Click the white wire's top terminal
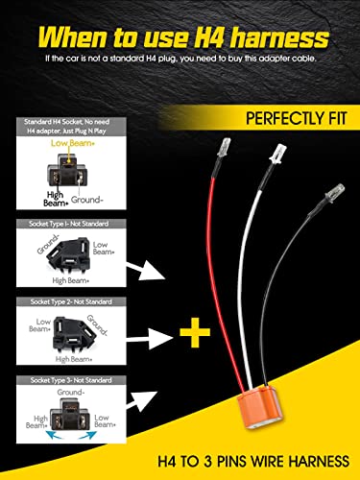click(x=279, y=153)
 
